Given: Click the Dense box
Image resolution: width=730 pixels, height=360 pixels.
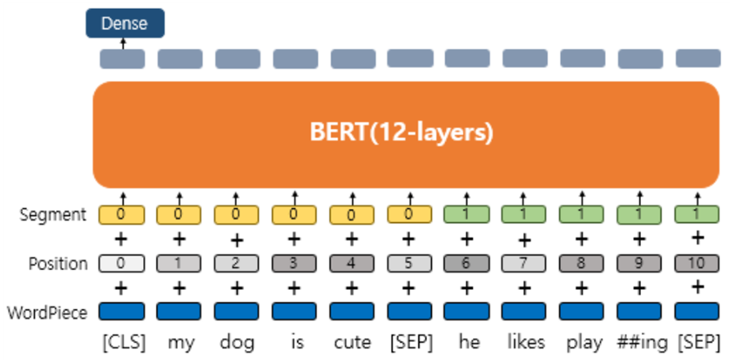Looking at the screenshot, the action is (125, 23).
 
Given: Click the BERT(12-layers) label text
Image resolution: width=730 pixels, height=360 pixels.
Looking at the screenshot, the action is (401, 133).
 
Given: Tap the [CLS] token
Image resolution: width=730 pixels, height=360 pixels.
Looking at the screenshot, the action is (124, 343).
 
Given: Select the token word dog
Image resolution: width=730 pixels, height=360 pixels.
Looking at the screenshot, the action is (237, 343).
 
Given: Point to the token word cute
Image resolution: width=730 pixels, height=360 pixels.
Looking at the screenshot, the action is (353, 343).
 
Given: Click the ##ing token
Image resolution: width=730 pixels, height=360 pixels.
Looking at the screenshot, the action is (642, 343).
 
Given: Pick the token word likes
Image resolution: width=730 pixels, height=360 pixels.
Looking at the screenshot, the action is (526, 342).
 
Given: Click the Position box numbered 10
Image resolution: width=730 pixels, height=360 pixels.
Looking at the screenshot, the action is (697, 264).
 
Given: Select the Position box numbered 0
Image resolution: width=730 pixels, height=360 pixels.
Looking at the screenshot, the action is (122, 264).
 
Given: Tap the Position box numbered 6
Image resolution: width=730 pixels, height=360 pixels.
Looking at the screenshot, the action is (466, 264).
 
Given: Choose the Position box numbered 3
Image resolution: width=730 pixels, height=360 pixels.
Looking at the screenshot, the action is (294, 264).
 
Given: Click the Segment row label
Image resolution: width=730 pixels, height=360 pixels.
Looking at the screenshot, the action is (53, 215).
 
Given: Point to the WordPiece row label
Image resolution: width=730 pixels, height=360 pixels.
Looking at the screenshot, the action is (47, 312).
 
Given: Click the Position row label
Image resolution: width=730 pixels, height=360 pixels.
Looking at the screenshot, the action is (58, 264).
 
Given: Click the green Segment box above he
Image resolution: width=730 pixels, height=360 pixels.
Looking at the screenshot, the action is (466, 215).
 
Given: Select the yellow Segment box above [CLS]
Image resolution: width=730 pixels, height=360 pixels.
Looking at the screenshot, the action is (122, 215).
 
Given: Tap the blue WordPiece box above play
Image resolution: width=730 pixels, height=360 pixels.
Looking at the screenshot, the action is (582, 311).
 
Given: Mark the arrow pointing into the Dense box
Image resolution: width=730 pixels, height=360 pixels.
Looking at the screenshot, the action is (123, 44).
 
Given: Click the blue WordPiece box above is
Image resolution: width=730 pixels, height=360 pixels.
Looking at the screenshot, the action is (294, 311).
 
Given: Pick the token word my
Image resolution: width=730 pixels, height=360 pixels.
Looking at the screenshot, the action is (180, 343).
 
